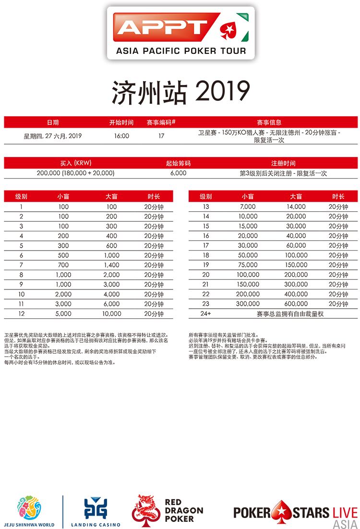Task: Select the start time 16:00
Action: pos(121,136)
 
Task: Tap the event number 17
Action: pos(161,136)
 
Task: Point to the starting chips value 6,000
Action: pos(178,173)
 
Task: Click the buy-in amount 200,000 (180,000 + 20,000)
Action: pos(75,173)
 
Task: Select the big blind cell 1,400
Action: pos(112,265)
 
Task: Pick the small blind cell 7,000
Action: pos(248,207)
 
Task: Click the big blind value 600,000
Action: pos(296,304)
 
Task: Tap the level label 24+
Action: pos(206,314)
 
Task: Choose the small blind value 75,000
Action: pos(248,265)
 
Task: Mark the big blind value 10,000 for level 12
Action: pos(112,314)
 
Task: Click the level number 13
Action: pos(206,207)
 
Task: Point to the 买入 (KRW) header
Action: pos(75,163)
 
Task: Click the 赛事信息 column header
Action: pos(269,122)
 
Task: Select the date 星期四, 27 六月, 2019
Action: pos(53,136)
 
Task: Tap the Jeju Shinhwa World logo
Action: pos(29,511)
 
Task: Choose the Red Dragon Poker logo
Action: pos(168,511)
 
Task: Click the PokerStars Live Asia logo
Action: pos(295,513)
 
